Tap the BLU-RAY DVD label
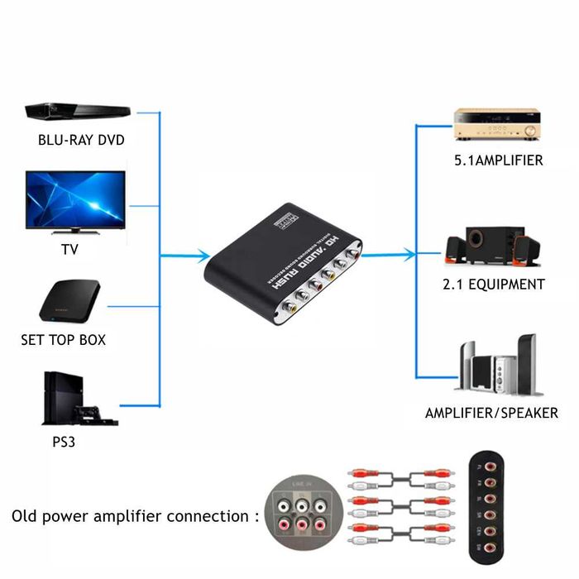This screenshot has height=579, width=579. (81, 140)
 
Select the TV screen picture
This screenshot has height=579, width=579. (75, 201)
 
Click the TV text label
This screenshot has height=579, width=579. (70, 249)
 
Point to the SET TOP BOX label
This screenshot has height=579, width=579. (64, 340)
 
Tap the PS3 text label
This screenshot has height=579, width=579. (65, 441)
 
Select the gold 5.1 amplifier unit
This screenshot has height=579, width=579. (496, 126)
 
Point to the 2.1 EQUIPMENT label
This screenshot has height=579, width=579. (493, 285)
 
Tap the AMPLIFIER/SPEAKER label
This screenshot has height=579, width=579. (491, 413)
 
